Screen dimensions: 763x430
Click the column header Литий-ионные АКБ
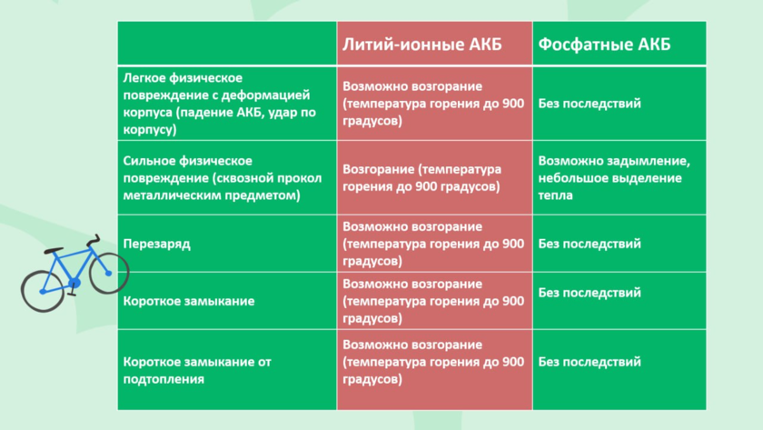click(421, 45)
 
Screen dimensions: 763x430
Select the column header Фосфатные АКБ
click(604, 45)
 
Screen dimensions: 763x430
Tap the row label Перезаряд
click(156, 244)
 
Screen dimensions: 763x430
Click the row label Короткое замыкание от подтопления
click(197, 370)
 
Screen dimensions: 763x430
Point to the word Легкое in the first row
click(141, 78)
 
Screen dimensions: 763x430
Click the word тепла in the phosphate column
click(555, 195)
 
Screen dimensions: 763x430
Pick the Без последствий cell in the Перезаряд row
click(590, 244)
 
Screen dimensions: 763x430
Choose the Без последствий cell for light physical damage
click(590, 104)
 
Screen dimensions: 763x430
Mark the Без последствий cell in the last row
click(590, 362)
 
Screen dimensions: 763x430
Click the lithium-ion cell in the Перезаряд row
click(433, 244)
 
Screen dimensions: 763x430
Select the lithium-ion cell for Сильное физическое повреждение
click(421, 178)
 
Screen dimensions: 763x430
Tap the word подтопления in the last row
click(163, 379)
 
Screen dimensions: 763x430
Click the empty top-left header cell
click(227, 44)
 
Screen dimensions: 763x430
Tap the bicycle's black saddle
click(54, 250)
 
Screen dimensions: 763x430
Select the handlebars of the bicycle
click(94, 240)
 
